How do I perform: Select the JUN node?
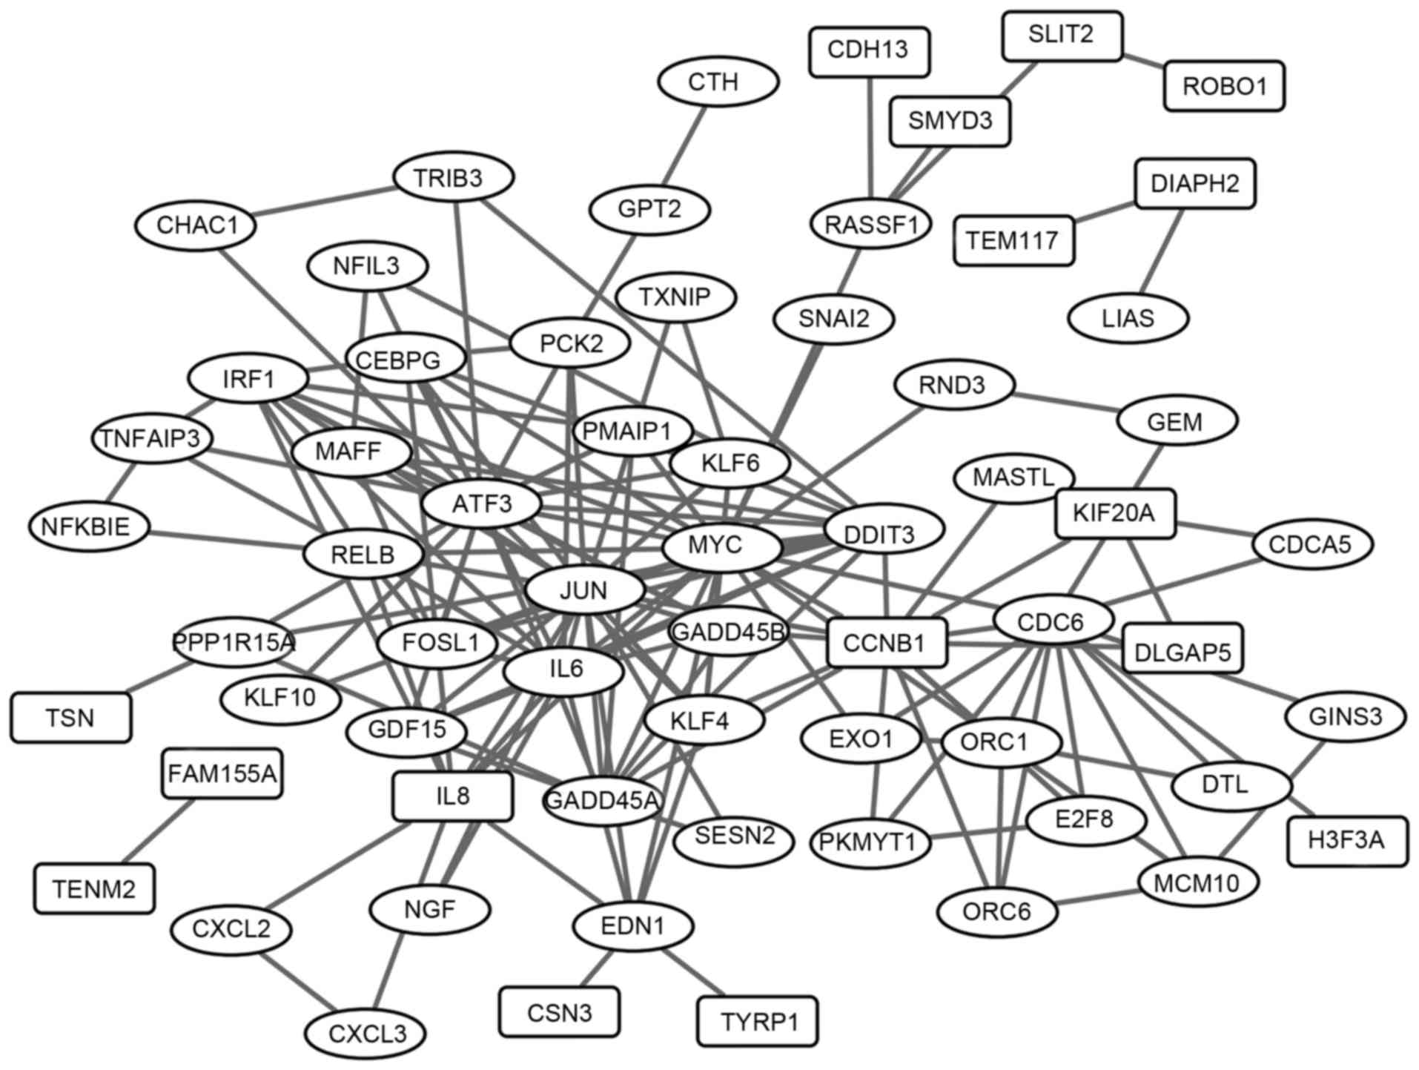(x=584, y=591)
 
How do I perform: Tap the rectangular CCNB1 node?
(x=886, y=642)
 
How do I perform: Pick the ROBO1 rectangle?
(x=1223, y=86)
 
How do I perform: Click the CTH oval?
(x=717, y=82)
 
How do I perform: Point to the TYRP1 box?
(x=757, y=1021)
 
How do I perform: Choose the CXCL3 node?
(x=366, y=1032)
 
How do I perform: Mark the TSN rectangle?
(x=70, y=718)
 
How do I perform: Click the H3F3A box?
(x=1346, y=840)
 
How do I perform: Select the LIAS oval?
(x=1128, y=318)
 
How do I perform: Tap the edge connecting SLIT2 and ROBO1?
(x=1143, y=62)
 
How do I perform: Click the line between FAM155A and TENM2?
(x=159, y=831)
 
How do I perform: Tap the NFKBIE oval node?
(x=89, y=526)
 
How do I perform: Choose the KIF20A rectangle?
(x=1114, y=512)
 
